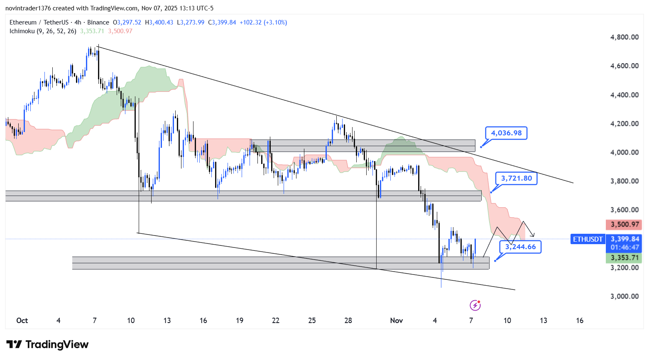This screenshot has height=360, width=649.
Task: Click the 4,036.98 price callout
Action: [506, 133]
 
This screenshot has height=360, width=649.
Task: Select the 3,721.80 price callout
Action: [516, 178]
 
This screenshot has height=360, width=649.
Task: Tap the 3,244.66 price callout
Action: [520, 247]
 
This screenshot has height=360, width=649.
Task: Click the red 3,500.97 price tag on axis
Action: [624, 225]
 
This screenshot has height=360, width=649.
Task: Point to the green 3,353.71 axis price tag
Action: [624, 258]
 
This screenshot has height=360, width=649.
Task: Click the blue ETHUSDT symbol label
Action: [588, 239]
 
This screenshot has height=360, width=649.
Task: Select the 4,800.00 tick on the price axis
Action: [624, 37]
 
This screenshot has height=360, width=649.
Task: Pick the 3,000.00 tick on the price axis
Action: [624, 296]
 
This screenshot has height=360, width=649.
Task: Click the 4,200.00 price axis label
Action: [624, 123]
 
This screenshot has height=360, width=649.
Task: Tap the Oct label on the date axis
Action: [22, 320]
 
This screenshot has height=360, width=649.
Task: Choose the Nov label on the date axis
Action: [397, 320]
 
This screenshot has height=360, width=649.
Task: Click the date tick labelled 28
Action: [348, 320]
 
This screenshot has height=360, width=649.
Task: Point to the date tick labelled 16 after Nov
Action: [580, 320]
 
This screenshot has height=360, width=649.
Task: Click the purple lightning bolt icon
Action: [475, 306]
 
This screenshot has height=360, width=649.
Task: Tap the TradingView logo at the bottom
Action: [47, 345]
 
